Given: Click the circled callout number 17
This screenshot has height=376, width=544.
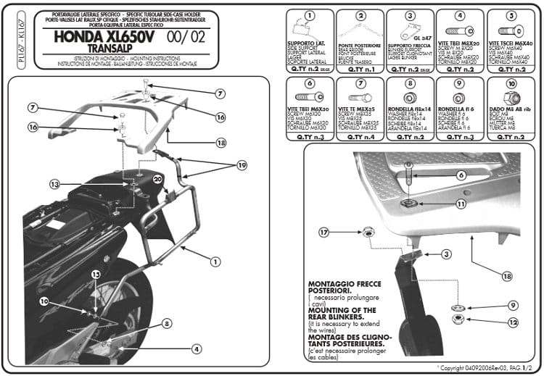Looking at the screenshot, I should pos(323,232).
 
